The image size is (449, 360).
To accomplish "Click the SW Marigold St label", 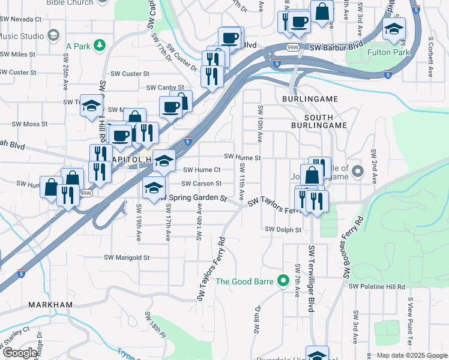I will coord(127,257).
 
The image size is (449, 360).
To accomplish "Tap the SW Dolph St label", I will coord(283,229).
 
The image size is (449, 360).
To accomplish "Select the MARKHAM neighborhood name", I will coord(50,305).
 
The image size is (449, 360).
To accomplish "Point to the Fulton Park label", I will coord(387,52).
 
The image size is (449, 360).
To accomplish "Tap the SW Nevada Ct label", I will coord(21,19).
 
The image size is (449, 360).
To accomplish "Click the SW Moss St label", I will coord(30,124).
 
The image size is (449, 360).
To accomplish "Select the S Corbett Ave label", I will coord(430,57).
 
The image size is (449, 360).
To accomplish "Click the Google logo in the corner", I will coord(20,353).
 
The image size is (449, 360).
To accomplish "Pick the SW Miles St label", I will coord(18,54).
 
